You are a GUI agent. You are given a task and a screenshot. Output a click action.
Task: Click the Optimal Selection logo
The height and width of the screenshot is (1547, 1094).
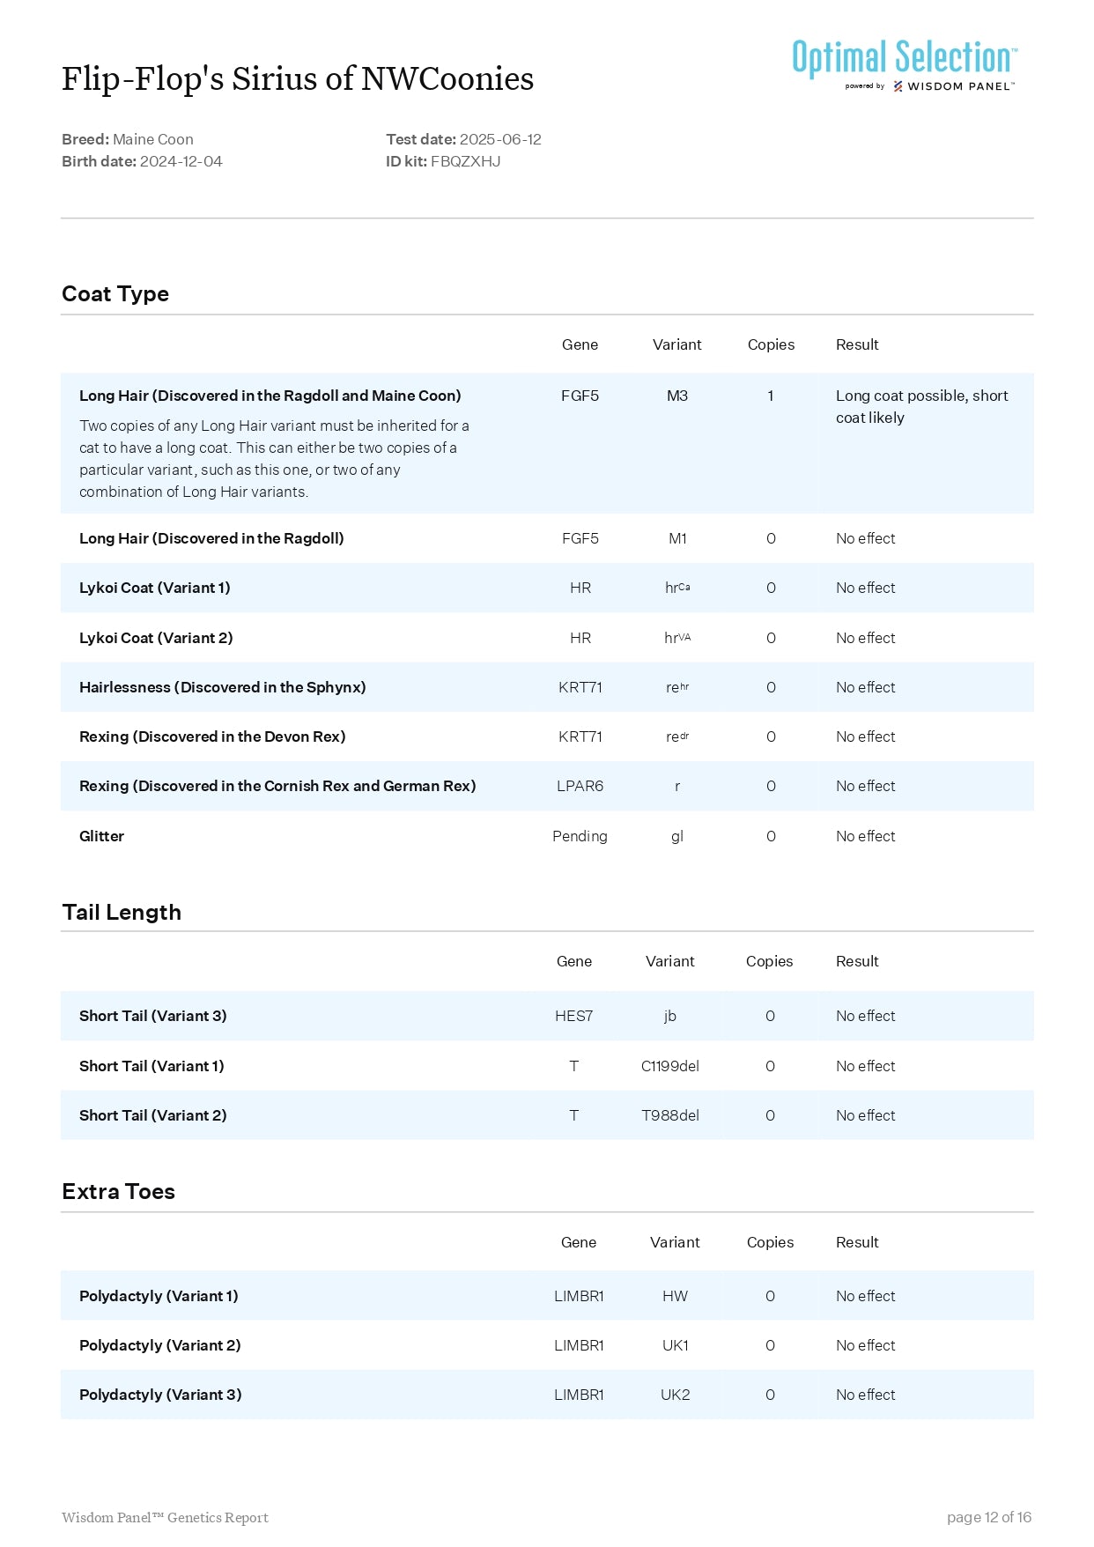pyautogui.click(x=904, y=64)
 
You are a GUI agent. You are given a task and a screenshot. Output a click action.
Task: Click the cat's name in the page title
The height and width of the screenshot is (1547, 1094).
pyautogui.click(x=298, y=79)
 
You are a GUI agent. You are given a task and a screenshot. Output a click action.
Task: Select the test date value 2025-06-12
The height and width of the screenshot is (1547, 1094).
pyautogui.click(x=500, y=139)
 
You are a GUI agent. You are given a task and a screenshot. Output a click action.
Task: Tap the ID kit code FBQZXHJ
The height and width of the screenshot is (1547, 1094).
pyautogui.click(x=465, y=161)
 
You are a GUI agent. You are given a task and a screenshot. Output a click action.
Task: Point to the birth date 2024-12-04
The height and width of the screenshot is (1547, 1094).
pyautogui.click(x=181, y=161)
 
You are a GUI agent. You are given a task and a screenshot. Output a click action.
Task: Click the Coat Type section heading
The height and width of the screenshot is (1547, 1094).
pyautogui.click(x=115, y=294)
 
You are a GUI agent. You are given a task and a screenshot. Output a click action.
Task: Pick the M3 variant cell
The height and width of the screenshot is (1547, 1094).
pyautogui.click(x=676, y=396)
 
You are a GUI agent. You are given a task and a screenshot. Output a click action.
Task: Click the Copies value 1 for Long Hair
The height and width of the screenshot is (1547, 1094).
pyautogui.click(x=771, y=396)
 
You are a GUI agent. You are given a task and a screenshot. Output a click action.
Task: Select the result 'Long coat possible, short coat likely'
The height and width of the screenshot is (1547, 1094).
pyautogui.click(x=921, y=407)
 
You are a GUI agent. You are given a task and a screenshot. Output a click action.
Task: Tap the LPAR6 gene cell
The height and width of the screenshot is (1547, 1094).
pyautogui.click(x=580, y=786)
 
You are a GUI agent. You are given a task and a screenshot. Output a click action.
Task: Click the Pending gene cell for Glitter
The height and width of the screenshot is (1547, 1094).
pyautogui.click(x=580, y=836)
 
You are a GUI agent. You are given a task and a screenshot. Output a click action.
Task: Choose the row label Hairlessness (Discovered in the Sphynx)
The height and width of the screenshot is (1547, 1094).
pyautogui.click(x=222, y=687)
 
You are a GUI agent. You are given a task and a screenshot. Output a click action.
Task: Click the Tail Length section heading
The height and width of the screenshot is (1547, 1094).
pyautogui.click(x=122, y=913)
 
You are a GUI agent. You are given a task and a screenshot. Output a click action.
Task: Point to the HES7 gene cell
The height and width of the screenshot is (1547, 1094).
pyautogui.click(x=573, y=1016)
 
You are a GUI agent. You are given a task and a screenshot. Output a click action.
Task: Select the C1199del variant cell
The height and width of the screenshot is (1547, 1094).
pyautogui.click(x=669, y=1066)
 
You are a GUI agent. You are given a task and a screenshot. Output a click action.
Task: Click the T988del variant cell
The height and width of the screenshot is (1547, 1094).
pyautogui.click(x=669, y=1115)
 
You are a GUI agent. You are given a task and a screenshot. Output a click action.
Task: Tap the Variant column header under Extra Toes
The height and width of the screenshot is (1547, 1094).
pyautogui.click(x=675, y=1242)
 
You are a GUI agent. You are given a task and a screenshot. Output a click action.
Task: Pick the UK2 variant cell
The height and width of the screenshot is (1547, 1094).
pyautogui.click(x=675, y=1395)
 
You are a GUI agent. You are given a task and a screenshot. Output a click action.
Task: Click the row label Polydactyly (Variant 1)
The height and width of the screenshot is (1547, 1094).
pyautogui.click(x=159, y=1296)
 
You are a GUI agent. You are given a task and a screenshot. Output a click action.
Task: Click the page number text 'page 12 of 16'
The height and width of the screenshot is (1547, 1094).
pyautogui.click(x=988, y=1517)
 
